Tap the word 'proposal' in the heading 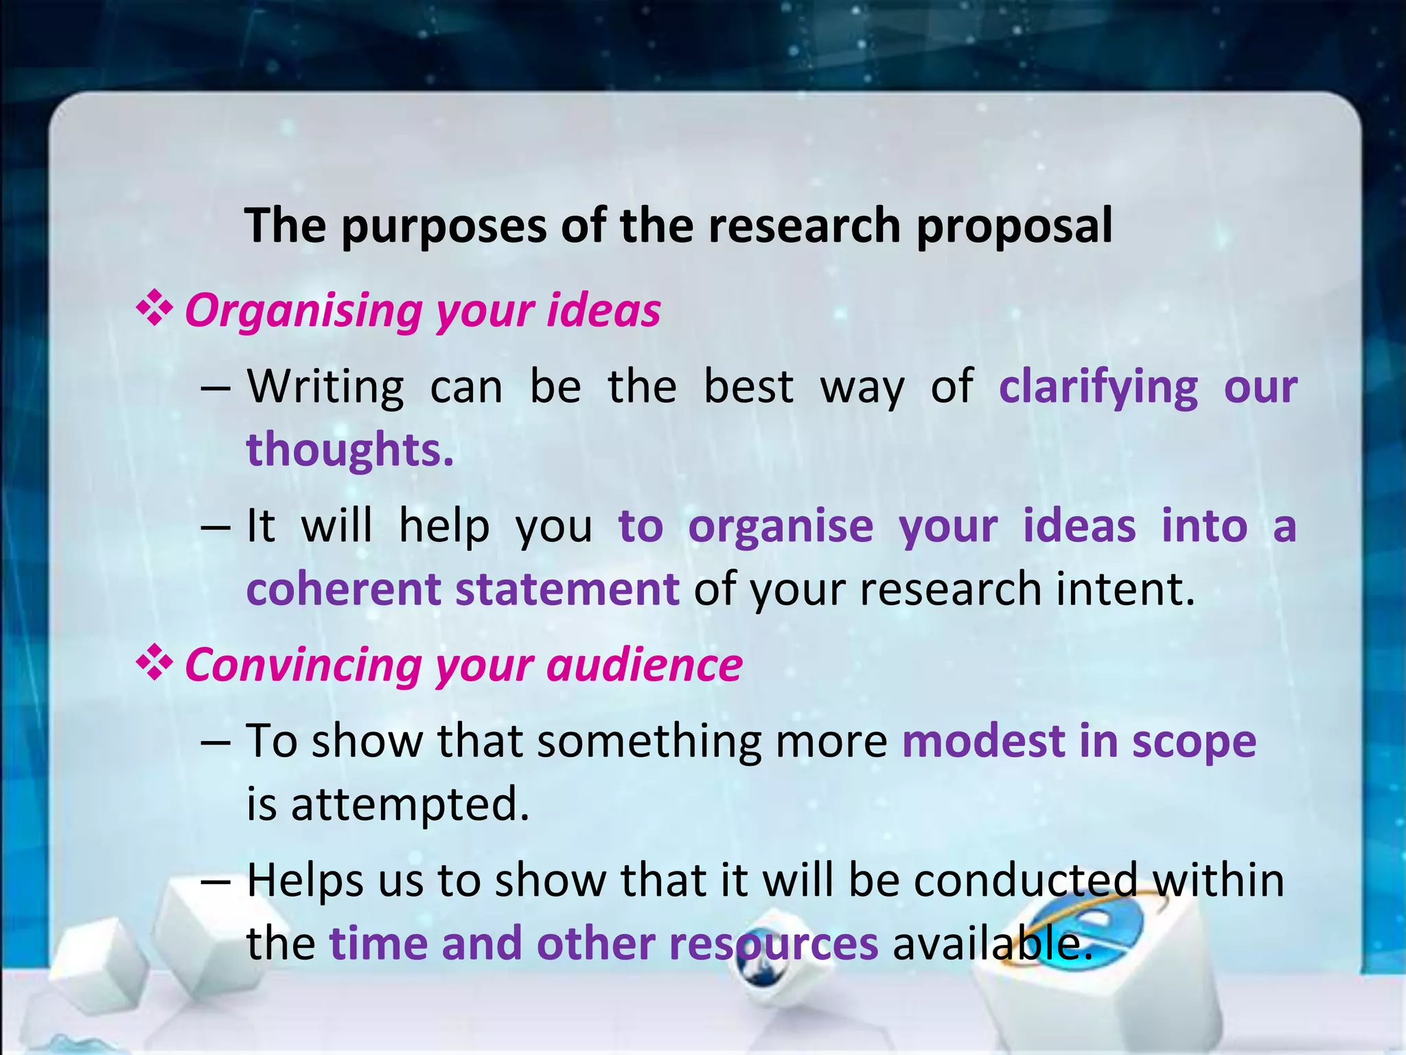click(x=1014, y=227)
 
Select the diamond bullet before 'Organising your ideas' click(x=154, y=309)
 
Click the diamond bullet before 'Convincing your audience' click(x=154, y=663)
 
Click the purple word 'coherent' click(x=343, y=589)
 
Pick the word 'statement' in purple click(x=567, y=589)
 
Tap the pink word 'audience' click(x=645, y=666)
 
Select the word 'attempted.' click(x=410, y=805)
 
